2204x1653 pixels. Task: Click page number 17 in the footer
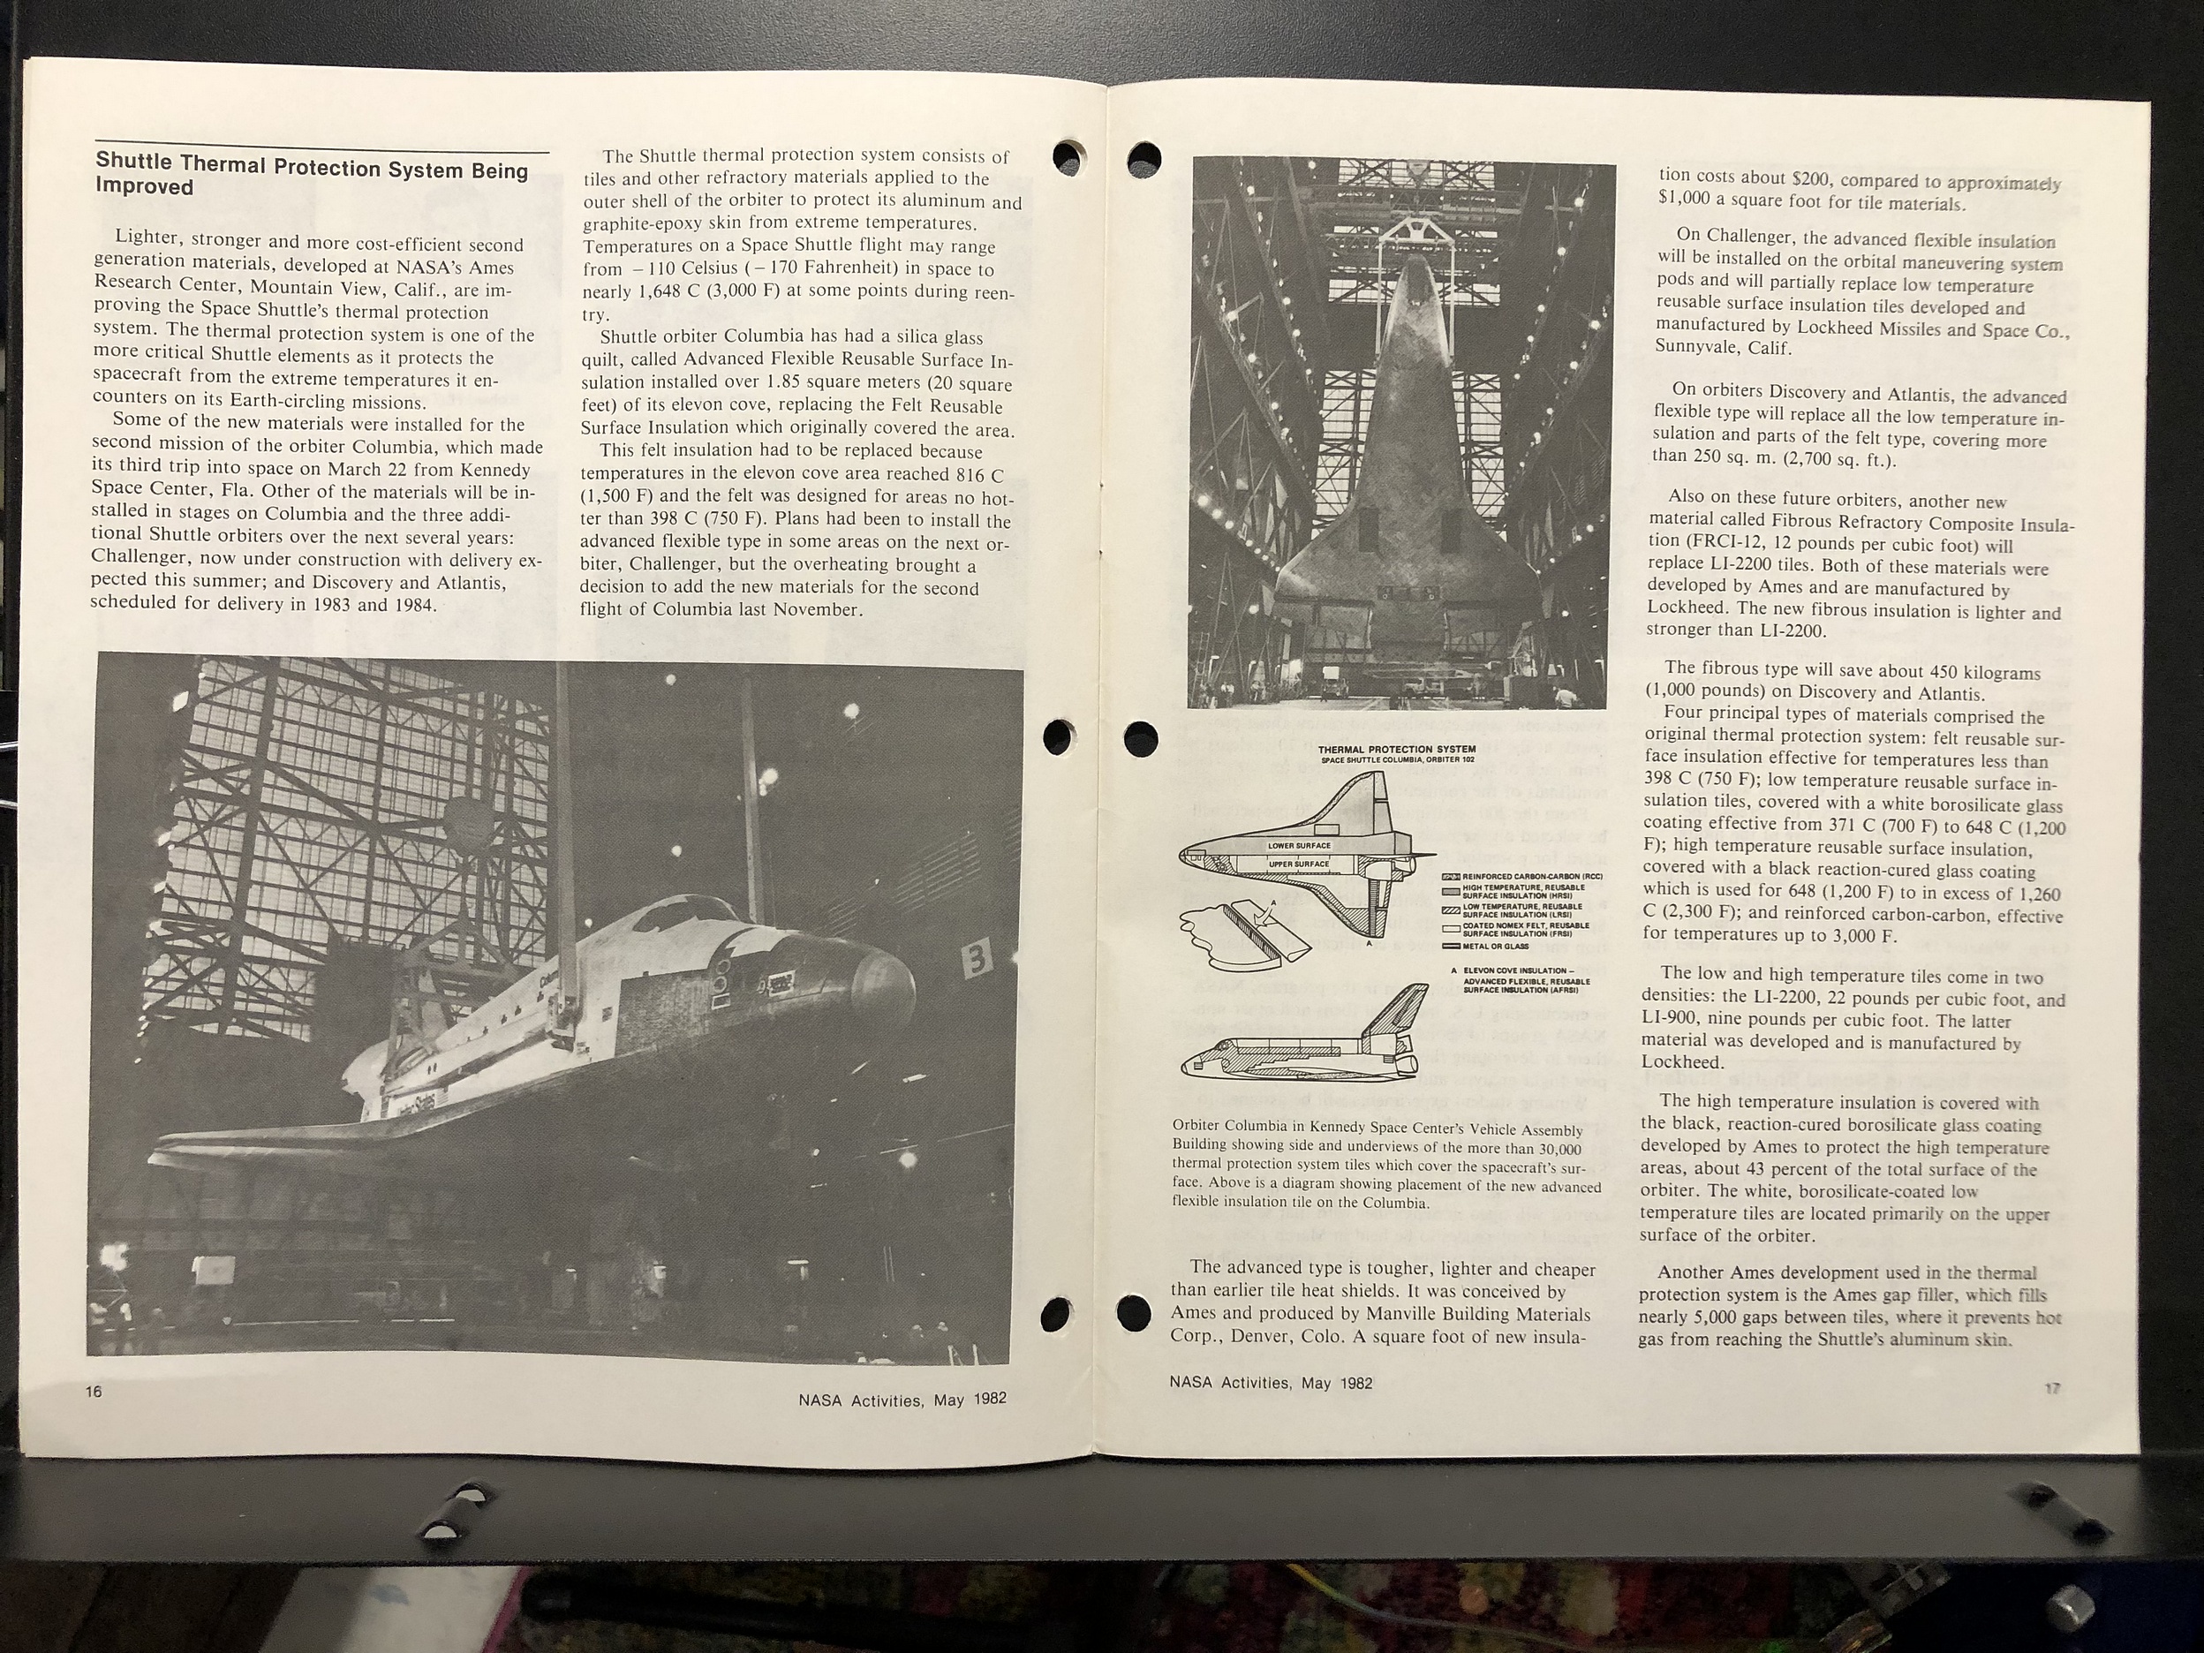(2051, 1388)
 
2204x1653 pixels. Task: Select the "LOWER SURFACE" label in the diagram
(1298, 845)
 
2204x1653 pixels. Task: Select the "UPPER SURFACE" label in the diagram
(1298, 864)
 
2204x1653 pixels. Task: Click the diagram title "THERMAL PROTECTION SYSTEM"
(1396, 750)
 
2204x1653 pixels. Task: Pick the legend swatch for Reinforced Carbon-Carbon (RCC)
(1451, 876)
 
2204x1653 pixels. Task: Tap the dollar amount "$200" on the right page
(1808, 180)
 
